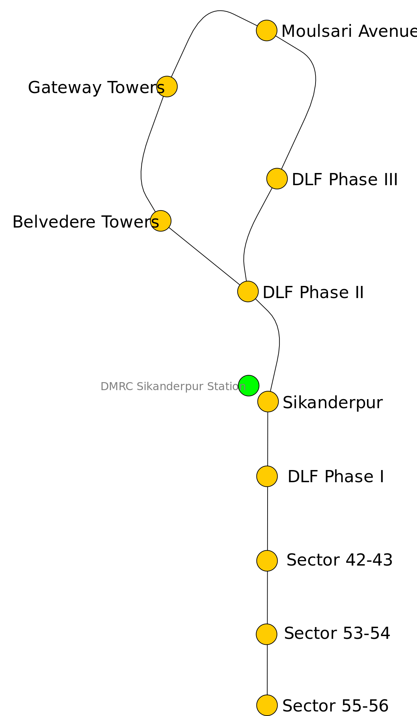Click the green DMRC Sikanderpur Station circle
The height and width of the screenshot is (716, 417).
248,385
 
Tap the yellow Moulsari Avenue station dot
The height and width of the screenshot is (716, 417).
267,31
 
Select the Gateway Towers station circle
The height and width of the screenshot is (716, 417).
167,87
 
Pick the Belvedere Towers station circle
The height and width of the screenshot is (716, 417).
161,221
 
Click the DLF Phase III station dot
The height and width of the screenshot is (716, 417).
277,179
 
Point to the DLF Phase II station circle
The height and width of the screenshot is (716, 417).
248,291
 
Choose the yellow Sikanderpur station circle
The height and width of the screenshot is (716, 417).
268,402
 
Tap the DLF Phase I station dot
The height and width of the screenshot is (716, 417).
267,476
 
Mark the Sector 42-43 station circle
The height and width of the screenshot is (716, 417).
267,561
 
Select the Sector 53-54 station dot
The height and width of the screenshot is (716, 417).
267,634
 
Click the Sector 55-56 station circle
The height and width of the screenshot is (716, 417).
267,705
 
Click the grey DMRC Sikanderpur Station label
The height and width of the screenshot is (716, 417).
173,386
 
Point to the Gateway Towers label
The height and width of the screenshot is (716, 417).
96,87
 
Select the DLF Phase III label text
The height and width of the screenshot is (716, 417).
344,180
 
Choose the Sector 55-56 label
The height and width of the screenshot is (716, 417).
335,706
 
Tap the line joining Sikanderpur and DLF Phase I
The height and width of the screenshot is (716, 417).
268,439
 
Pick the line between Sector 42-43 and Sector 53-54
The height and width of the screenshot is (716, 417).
267,598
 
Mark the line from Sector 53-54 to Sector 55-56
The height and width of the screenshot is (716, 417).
267,670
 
